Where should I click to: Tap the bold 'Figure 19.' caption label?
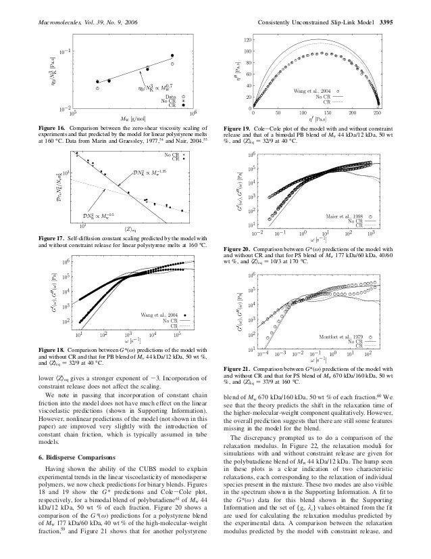(240, 127)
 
